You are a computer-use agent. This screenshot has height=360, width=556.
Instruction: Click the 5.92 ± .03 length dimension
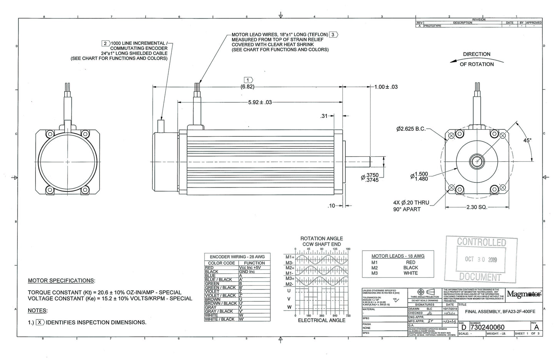(260, 102)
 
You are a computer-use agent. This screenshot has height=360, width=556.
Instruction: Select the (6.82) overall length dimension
(247, 87)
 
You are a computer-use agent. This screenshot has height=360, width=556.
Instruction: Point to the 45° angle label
(527, 141)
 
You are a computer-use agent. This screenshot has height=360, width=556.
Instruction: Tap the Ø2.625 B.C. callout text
(411, 129)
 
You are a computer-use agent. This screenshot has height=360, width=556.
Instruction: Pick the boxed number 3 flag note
(333, 35)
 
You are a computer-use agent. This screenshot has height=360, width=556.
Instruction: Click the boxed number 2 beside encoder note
(105, 43)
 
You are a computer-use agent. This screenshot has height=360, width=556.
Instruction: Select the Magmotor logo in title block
(524, 295)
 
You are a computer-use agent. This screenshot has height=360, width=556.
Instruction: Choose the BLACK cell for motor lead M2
(411, 268)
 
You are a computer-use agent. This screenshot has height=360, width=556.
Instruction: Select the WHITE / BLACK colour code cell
(220, 319)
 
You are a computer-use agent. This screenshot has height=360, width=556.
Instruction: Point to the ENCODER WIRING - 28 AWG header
(237, 257)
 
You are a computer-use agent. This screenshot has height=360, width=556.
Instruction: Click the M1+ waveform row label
(290, 257)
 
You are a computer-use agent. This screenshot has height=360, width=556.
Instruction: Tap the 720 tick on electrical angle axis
(348, 316)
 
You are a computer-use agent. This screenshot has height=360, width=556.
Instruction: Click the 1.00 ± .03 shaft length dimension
(386, 87)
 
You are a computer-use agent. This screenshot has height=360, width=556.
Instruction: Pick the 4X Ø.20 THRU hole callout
(411, 203)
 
